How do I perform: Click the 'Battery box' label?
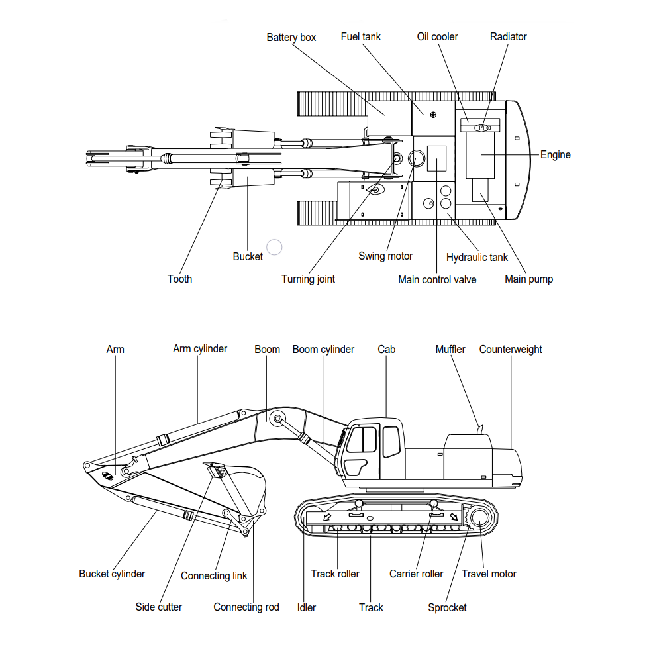point(291,37)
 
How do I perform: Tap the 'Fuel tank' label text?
point(360,36)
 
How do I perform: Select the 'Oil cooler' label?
point(437,36)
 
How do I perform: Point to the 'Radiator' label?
point(508,36)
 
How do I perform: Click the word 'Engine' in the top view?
point(555,154)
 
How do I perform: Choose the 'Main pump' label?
point(528,279)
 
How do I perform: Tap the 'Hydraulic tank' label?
point(477,257)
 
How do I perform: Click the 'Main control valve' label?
point(437,279)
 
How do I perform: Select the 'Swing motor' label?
point(385,256)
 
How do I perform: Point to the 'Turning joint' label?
point(308,279)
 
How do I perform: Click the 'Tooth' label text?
point(179,279)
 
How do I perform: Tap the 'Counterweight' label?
point(511,349)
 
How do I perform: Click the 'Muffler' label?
point(450,349)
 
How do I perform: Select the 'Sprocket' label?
point(447,607)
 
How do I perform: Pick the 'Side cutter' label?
point(158,607)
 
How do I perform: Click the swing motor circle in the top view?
point(418,158)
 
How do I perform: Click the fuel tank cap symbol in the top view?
point(433,115)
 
